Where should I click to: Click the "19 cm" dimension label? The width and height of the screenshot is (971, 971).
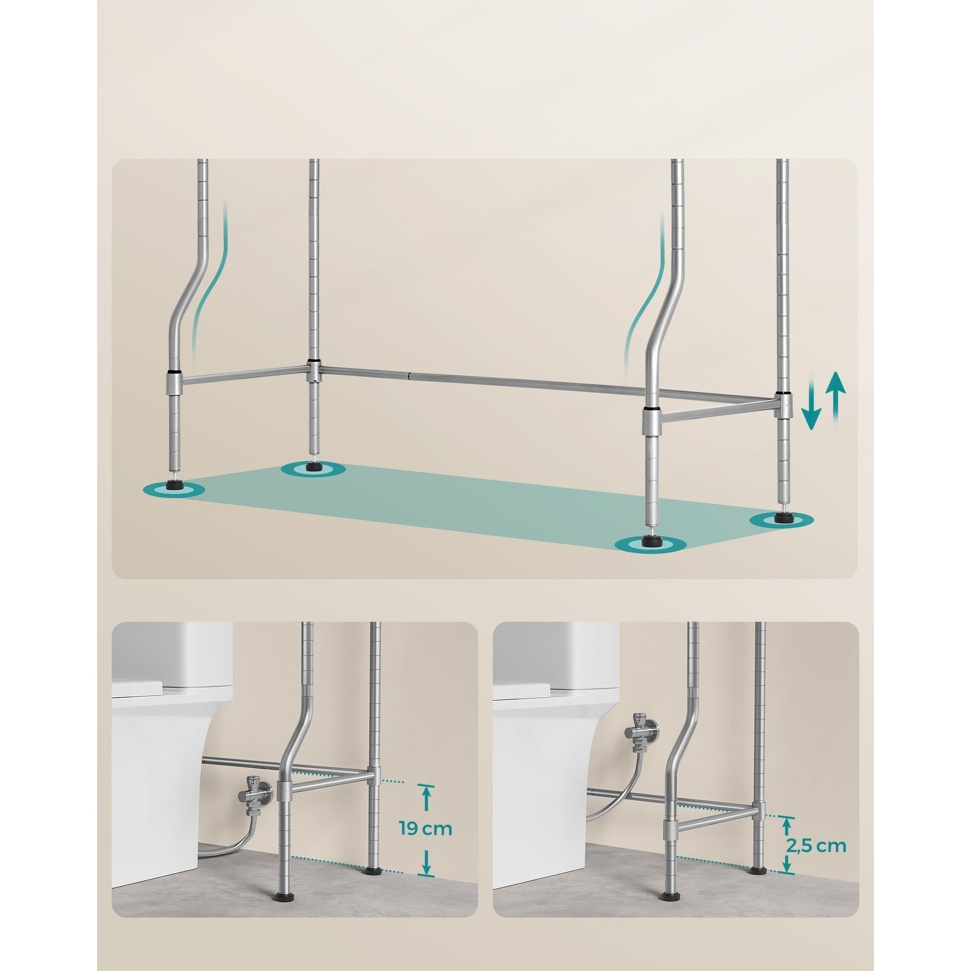click(426, 828)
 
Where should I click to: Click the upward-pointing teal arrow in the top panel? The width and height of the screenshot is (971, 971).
click(837, 407)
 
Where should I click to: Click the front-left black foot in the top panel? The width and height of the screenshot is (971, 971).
click(174, 486)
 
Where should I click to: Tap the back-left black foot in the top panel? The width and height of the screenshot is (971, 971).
click(313, 466)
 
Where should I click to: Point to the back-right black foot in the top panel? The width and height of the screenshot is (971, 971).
click(782, 518)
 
